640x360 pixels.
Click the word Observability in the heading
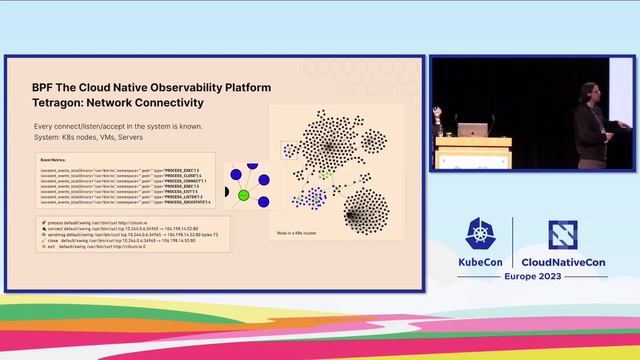tap(165, 87)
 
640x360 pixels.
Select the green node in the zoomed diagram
tap(242, 195)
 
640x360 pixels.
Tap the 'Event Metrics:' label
tap(52, 159)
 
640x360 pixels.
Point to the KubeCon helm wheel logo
tap(485, 234)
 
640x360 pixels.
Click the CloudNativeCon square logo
tap(564, 234)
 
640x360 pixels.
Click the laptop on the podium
tap(472, 129)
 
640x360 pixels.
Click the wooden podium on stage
tap(480, 151)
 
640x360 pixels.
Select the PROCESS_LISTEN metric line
tap(120, 197)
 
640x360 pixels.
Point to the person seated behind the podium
tap(439, 125)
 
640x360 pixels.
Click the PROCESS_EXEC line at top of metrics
tap(120, 170)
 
